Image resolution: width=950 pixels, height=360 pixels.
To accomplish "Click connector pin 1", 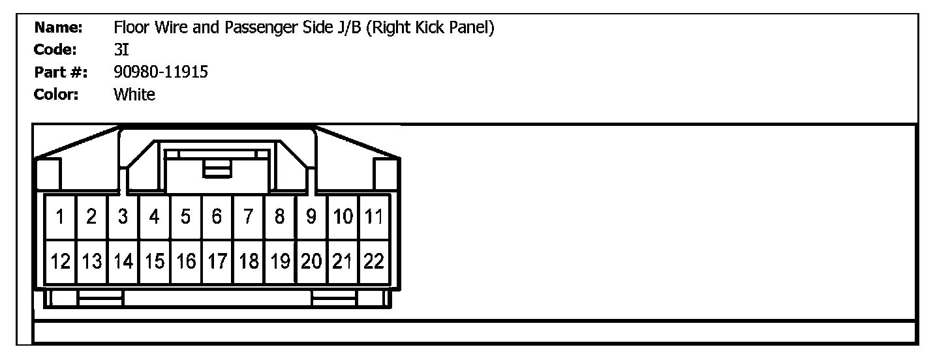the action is point(60,217).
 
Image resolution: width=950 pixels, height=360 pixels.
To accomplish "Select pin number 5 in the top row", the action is point(186,217).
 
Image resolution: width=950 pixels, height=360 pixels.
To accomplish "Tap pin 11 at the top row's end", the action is point(374,217).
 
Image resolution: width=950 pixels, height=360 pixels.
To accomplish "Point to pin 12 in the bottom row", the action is point(60,262).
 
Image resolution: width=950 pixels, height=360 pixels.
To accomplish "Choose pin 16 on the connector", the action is point(186,262).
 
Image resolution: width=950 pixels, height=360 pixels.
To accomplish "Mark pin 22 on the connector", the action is point(374,262).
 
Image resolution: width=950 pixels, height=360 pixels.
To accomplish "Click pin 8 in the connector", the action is point(280,217).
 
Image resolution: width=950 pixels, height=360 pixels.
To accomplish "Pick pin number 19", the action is point(280,262).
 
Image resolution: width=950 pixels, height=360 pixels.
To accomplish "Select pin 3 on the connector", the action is point(123,217).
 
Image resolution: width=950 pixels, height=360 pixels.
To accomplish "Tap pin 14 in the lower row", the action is point(123,262).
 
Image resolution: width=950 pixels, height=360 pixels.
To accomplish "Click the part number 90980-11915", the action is point(161,72).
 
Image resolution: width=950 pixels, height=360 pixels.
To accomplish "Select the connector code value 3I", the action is point(120,50).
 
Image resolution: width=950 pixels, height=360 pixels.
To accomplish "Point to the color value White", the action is point(134,95).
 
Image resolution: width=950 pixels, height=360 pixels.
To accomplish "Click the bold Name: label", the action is point(58,27).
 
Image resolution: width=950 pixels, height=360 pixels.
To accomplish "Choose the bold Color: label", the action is point(56,95).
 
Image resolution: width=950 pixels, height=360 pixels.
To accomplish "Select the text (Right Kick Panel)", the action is point(430,28).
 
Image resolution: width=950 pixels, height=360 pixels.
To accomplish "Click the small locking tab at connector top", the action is point(217,169).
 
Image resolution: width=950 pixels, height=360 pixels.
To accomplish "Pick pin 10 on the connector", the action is point(343,217).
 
